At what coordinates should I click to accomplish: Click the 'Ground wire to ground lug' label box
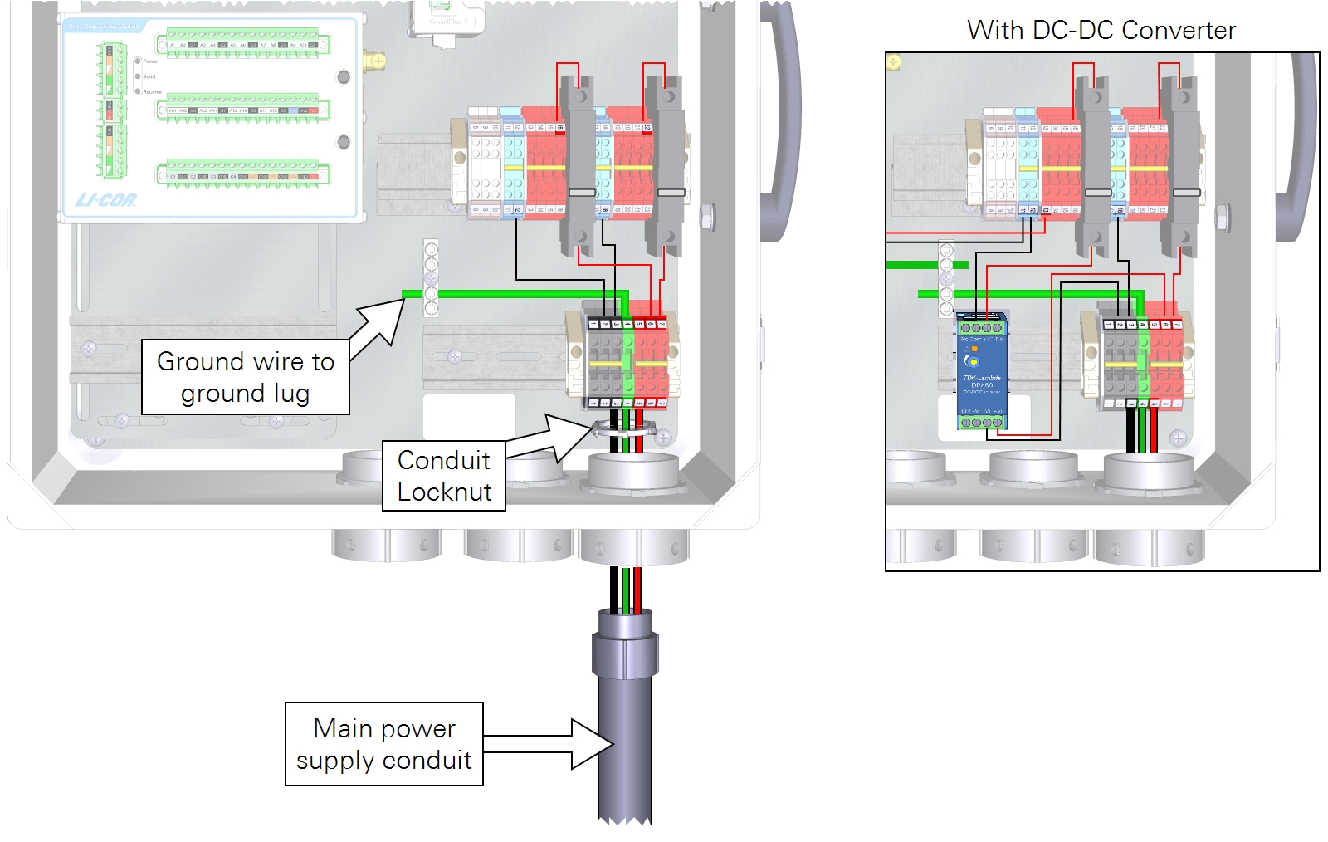[245, 377]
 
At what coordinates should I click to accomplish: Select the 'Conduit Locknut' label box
[444, 476]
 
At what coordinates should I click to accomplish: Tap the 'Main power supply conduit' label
[383, 744]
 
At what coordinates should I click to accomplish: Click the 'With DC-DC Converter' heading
[1101, 31]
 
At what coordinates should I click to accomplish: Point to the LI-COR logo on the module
[105, 200]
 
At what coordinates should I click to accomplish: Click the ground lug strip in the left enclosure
[431, 278]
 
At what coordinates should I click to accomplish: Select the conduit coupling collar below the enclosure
[625, 654]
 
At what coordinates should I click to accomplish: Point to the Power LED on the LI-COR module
[138, 61]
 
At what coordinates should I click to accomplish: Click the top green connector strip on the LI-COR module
[243, 44]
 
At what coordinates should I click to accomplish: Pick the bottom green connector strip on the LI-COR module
[243, 174]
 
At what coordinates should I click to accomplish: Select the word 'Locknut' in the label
[444, 492]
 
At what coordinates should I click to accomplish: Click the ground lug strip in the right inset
[946, 278]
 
